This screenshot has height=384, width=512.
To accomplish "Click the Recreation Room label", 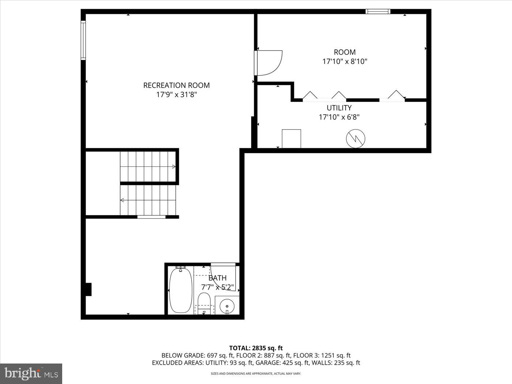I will pyautogui.click(x=176, y=85).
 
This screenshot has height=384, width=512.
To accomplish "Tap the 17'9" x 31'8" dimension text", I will pyautogui.click(x=176, y=95).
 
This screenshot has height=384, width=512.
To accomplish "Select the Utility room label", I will pyautogui.click(x=339, y=108).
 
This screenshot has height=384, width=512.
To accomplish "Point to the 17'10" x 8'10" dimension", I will pyautogui.click(x=345, y=61).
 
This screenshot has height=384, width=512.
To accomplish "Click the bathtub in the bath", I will pyautogui.click(x=181, y=290).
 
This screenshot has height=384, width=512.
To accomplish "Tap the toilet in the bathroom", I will pyautogui.click(x=204, y=302).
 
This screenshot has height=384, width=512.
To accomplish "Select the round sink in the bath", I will pyautogui.click(x=227, y=305).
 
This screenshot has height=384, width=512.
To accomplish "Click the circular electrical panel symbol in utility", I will pyautogui.click(x=355, y=139).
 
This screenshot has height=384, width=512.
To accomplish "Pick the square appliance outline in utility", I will pyautogui.click(x=291, y=139).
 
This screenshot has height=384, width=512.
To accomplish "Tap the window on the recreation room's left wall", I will pyautogui.click(x=83, y=40).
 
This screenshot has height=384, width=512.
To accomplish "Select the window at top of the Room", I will pyautogui.click(x=378, y=12).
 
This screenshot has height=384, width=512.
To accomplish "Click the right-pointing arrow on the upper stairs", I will pyautogui.click(x=174, y=167).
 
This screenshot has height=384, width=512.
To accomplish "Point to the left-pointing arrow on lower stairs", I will pyautogui.click(x=122, y=200).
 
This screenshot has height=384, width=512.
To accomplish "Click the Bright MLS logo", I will pyautogui.click(x=31, y=373).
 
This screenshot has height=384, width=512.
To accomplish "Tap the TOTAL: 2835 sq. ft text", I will pyautogui.click(x=256, y=348).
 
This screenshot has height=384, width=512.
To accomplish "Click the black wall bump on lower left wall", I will pyautogui.click(x=88, y=289).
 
